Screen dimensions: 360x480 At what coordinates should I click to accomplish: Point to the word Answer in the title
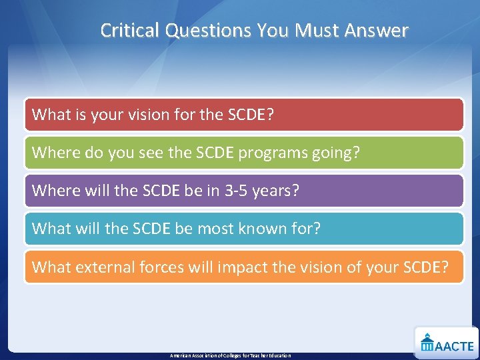pos(377,31)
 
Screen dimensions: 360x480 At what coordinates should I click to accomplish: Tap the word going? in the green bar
pos(337,153)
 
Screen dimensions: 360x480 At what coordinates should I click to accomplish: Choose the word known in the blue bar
pos(260,229)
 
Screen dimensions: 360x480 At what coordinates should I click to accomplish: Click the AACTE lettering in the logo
pos(455,345)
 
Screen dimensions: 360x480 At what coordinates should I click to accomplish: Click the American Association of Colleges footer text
pos(230,355)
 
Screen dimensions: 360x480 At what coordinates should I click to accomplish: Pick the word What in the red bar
pos(50,115)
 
